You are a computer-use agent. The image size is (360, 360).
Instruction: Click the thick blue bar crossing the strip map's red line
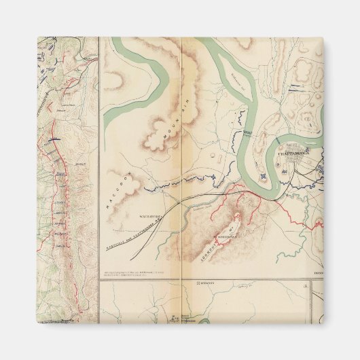(54, 138)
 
